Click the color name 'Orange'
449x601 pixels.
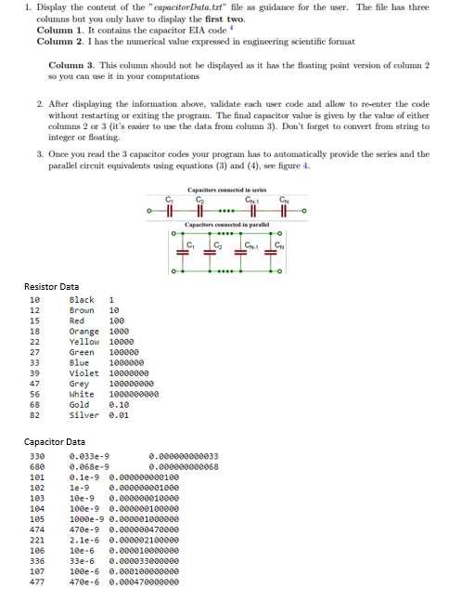pyautogui.click(x=83, y=331)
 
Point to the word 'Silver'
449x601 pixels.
pyautogui.click(x=83, y=416)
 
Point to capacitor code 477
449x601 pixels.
pyautogui.click(x=38, y=581)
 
